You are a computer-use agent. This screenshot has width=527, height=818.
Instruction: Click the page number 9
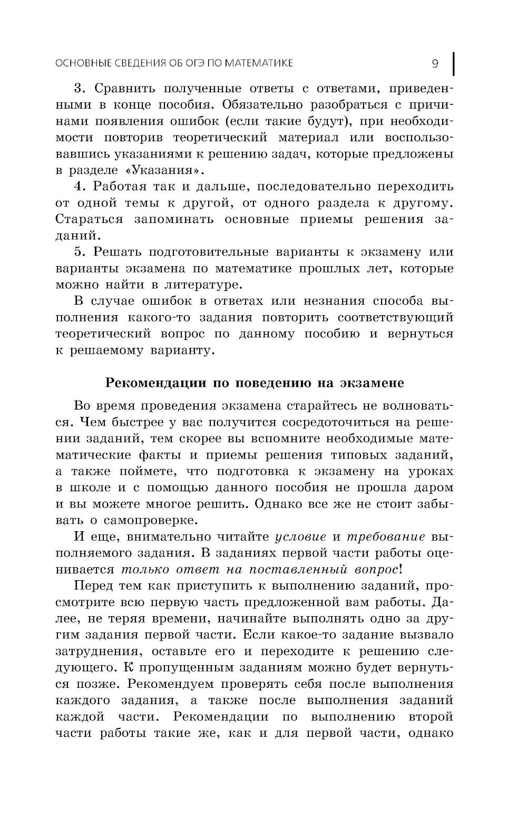[x=435, y=64]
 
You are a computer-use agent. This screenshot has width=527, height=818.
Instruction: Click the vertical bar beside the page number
[x=454, y=63]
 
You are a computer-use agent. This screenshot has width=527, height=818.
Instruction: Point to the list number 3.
[x=79, y=88]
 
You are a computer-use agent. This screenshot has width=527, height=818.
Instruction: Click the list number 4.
[x=79, y=186]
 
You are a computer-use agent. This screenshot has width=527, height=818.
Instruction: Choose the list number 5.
[x=79, y=252]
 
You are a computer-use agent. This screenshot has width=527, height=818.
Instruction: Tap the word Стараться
[x=89, y=219]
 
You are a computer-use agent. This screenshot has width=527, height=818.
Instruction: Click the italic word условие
[x=300, y=537]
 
